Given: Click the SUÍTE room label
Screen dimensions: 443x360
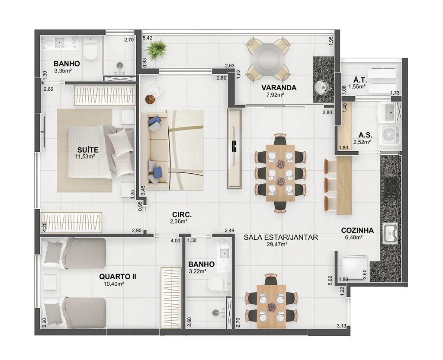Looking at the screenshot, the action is click(x=88, y=150).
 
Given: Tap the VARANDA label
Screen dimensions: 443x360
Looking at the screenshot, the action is click(x=279, y=88).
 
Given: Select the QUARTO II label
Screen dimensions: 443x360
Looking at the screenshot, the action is click(x=118, y=277).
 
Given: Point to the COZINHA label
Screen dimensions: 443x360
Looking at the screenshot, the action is click(x=357, y=230).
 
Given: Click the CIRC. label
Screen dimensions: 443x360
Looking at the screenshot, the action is click(x=182, y=214).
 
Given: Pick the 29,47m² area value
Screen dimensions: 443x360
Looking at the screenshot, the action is click(x=277, y=244).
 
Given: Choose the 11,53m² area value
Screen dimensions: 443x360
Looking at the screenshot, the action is click(x=85, y=156).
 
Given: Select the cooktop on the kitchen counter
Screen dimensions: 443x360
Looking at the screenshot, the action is click(x=392, y=187).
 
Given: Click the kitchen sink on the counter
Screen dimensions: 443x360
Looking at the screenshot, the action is click(x=390, y=233).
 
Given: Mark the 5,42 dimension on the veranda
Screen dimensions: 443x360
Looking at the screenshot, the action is click(x=148, y=38).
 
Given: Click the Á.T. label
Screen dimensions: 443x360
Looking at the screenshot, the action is click(x=360, y=80).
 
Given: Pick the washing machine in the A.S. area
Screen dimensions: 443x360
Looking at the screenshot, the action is click(x=389, y=135).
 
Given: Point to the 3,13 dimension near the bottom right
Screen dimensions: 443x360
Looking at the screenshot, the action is click(x=341, y=326).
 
